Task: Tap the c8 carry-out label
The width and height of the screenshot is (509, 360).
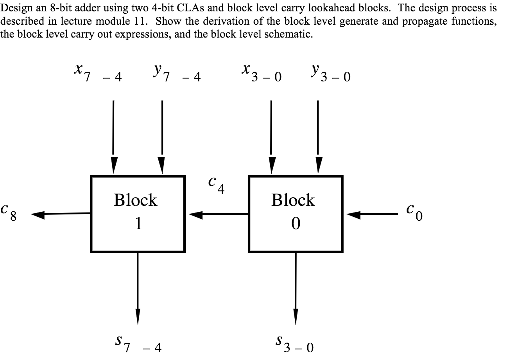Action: click(9, 212)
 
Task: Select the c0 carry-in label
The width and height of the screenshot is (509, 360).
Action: click(414, 212)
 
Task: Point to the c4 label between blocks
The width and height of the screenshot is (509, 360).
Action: click(216, 185)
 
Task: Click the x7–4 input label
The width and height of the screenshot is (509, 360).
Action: click(98, 72)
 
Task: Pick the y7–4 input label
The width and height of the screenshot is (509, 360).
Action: click(177, 72)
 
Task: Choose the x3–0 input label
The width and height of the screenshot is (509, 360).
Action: click(262, 72)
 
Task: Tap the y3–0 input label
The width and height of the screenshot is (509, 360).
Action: click(331, 72)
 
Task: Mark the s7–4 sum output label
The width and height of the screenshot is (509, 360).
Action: click(138, 344)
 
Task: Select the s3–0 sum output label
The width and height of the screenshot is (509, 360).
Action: click(294, 344)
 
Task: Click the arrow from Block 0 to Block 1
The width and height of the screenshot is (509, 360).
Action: click(219, 214)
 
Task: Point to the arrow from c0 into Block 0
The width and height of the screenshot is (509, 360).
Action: click(372, 214)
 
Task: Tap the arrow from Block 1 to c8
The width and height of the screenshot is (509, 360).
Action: click(61, 214)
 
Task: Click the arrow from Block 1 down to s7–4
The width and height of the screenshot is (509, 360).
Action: click(138, 289)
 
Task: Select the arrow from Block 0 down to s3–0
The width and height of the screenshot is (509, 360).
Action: click(296, 289)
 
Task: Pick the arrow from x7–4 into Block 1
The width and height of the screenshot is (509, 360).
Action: click(113, 137)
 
